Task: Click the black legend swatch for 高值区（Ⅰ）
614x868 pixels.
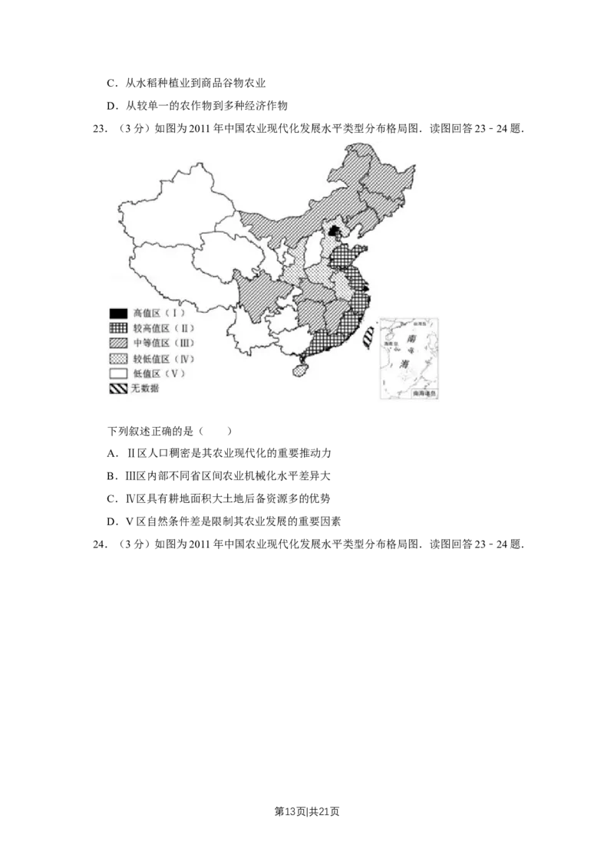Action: pyautogui.click(x=117, y=313)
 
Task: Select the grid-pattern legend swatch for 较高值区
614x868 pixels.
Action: pyautogui.click(x=117, y=327)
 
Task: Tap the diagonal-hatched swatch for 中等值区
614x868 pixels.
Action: pyautogui.click(x=117, y=343)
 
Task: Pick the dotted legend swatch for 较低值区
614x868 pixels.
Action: pyautogui.click(x=117, y=358)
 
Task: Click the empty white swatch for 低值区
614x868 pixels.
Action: pyautogui.click(x=117, y=373)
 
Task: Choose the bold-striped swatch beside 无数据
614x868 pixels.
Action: pyautogui.click(x=117, y=389)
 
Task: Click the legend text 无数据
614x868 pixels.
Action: pyautogui.click(x=145, y=389)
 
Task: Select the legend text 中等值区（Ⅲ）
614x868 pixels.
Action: pyautogui.click(x=163, y=343)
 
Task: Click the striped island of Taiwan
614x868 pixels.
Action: pyautogui.click(x=369, y=337)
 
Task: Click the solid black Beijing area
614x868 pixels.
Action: pyautogui.click(x=333, y=229)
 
